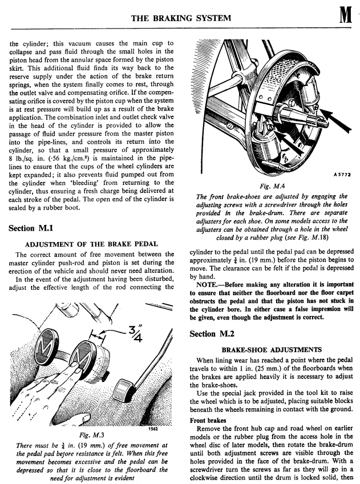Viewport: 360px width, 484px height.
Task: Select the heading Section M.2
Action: pos(216,333)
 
